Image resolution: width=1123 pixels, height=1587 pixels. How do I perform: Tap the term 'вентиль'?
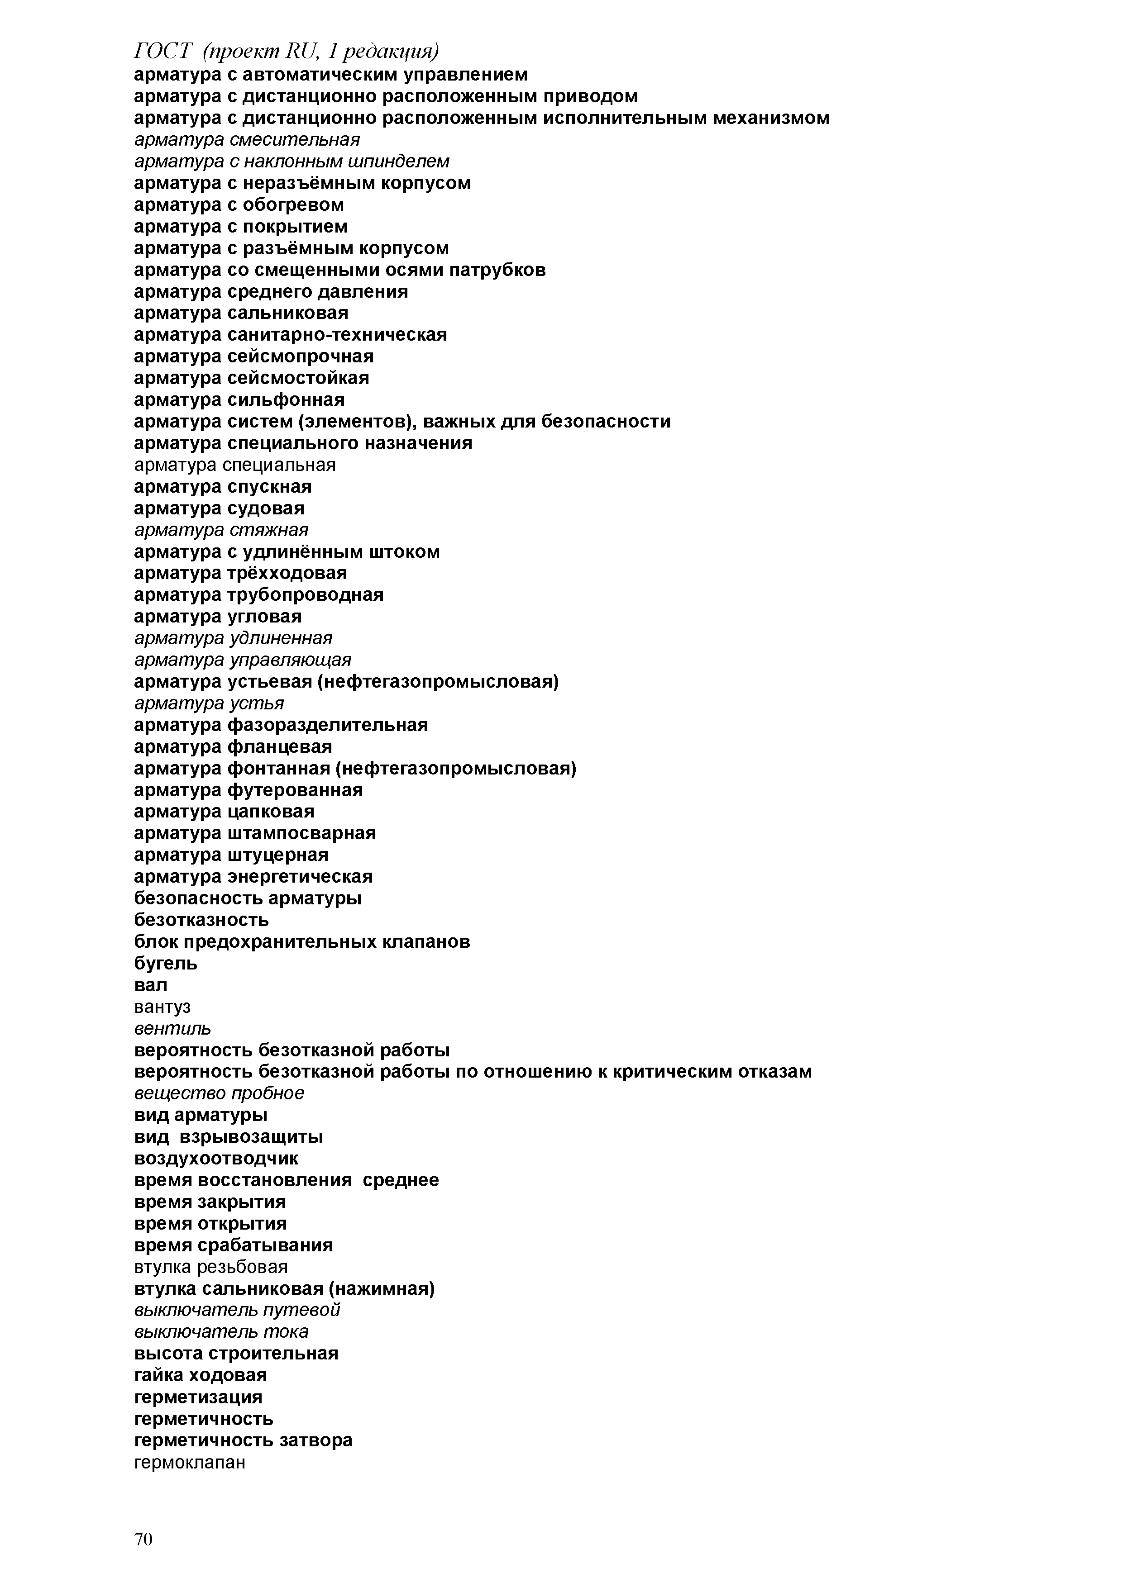click(172, 1028)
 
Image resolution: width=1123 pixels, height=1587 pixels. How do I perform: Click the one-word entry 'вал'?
click(150, 984)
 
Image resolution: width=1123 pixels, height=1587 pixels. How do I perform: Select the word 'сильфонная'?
click(286, 399)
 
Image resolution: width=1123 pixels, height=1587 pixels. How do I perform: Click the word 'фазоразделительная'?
click(327, 725)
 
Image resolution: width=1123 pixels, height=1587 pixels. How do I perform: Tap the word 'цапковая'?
click(270, 812)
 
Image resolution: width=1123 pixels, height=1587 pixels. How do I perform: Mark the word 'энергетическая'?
click(299, 876)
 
